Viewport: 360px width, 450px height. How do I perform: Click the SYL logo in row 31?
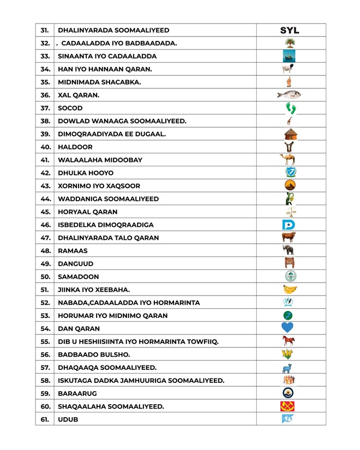tap(290, 31)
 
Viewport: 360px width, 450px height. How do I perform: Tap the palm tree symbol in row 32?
tap(290, 43)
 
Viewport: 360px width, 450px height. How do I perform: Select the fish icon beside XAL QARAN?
tap(289, 95)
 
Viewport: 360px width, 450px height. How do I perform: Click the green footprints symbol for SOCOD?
tap(290, 108)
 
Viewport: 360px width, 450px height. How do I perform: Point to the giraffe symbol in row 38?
tap(289, 121)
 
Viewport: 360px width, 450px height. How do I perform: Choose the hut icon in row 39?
tap(290, 134)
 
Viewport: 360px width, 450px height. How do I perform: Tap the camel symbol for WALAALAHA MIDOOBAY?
tap(288, 160)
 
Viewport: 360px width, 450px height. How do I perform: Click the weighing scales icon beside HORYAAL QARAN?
tap(290, 212)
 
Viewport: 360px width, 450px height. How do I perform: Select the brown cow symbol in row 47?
tap(289, 237)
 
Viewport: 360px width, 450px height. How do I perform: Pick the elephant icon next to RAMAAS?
tap(289, 250)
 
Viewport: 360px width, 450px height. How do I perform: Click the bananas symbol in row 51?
tap(290, 289)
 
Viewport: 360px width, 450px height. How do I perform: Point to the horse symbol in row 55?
tap(289, 341)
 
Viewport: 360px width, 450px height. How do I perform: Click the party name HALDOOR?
tap(75, 147)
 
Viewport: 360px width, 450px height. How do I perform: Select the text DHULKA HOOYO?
tap(86, 173)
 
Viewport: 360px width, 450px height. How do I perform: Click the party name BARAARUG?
tap(79, 393)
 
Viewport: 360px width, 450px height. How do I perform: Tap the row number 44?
tap(45, 199)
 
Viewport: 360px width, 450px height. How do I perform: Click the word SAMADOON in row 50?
tap(79, 277)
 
